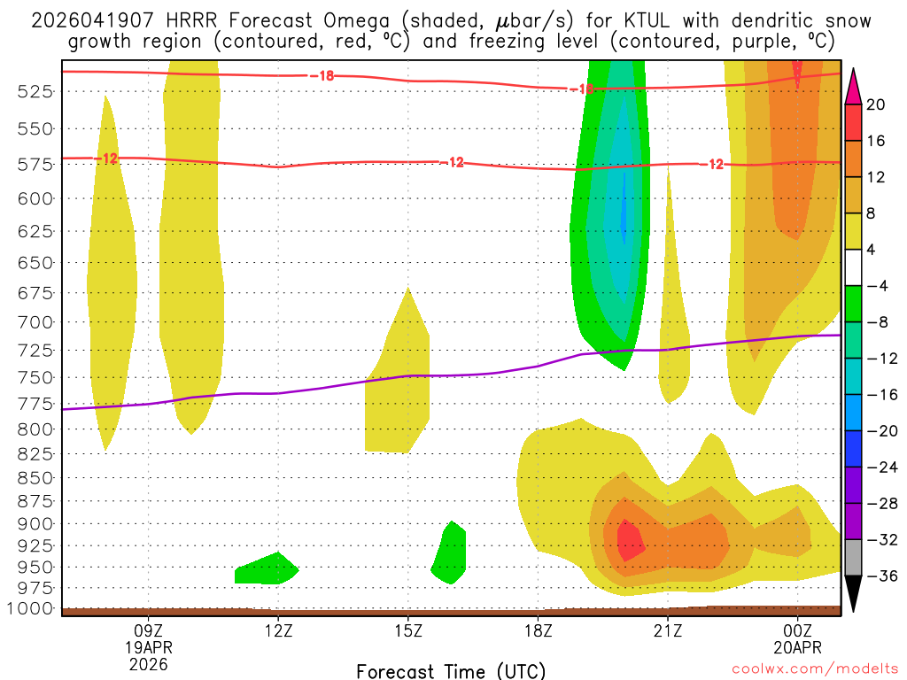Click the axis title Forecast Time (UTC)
click(x=451, y=670)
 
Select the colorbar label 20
click(x=876, y=104)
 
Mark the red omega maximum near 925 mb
click(x=629, y=540)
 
